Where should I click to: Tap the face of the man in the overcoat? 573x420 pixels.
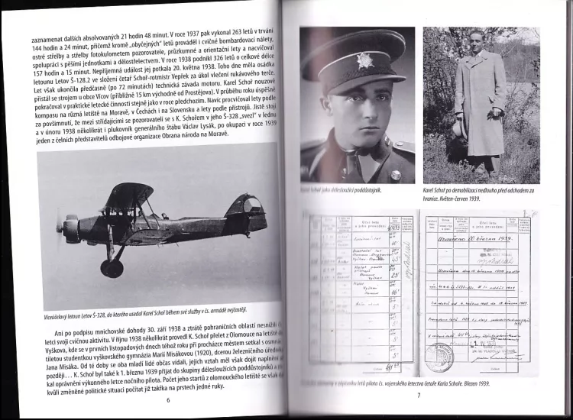pos(477,42)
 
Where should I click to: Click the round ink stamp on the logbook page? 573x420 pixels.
pos(439,357)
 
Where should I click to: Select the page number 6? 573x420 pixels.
pos(167,399)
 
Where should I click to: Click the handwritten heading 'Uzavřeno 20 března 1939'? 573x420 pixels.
pos(483,238)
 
